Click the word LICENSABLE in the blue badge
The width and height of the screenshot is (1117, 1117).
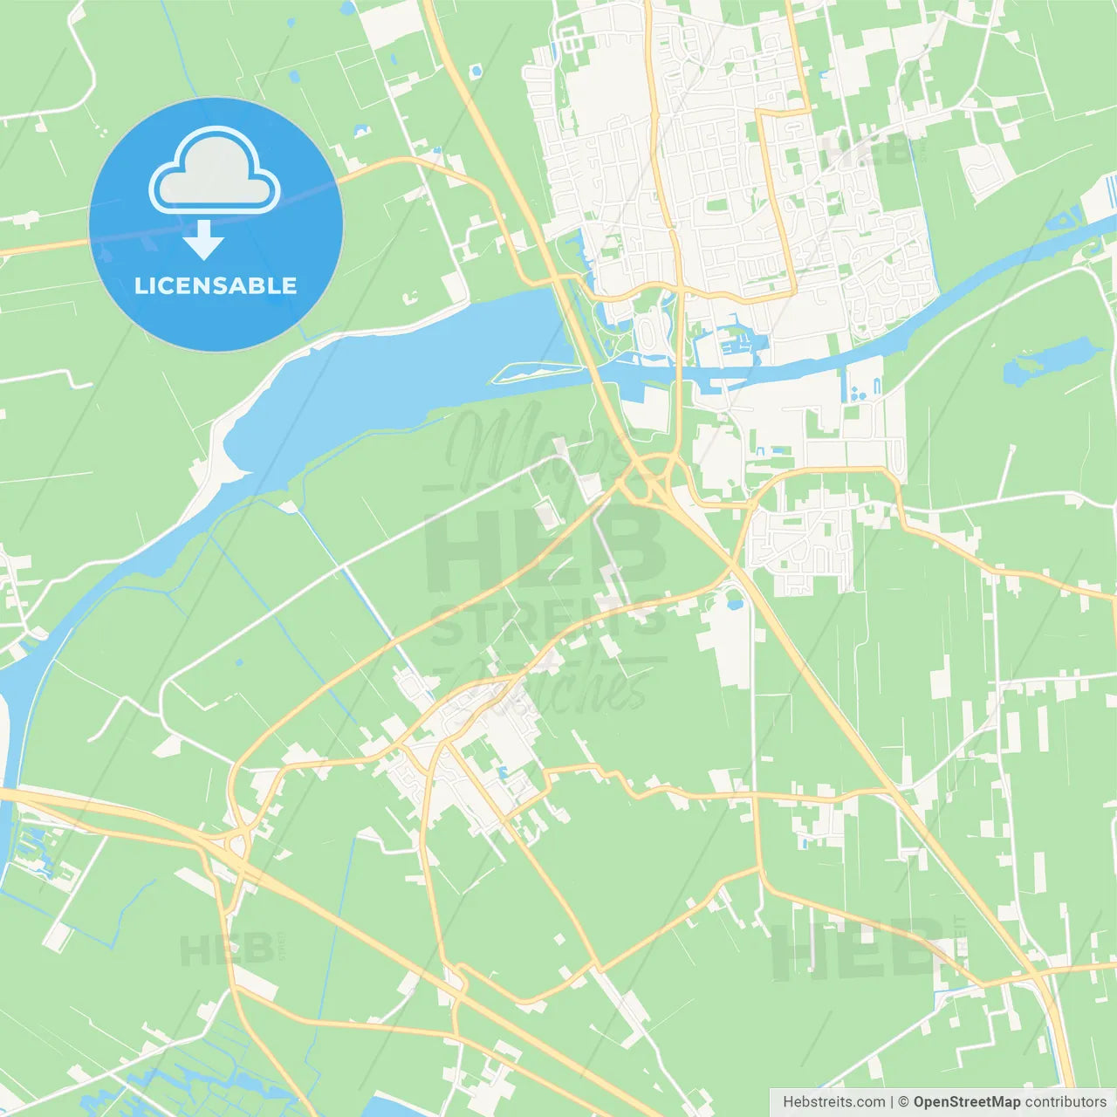[x=216, y=285]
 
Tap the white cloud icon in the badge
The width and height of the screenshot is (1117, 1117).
[x=215, y=172]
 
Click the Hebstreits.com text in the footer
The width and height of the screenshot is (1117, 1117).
[x=833, y=1102]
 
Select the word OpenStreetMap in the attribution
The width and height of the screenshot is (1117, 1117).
[x=966, y=1102]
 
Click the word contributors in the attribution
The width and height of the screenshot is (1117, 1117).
[x=1066, y=1102]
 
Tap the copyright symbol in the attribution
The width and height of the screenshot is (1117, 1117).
[x=903, y=1102]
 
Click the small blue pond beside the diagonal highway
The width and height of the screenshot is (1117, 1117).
[x=735, y=603]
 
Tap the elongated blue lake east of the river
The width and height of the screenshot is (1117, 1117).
[x=1047, y=360]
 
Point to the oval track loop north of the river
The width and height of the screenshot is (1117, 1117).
[x=650, y=332]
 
